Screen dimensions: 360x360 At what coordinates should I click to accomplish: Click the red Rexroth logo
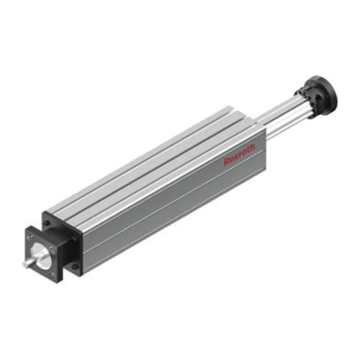click(x=239, y=154)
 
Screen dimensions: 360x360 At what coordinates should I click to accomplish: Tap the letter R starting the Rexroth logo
click(x=226, y=162)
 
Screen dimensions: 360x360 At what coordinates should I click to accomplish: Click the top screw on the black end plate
click(x=47, y=222)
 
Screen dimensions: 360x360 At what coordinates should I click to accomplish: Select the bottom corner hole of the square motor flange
click(x=53, y=274)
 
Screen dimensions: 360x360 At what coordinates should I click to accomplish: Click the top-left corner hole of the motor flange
click(x=28, y=235)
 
